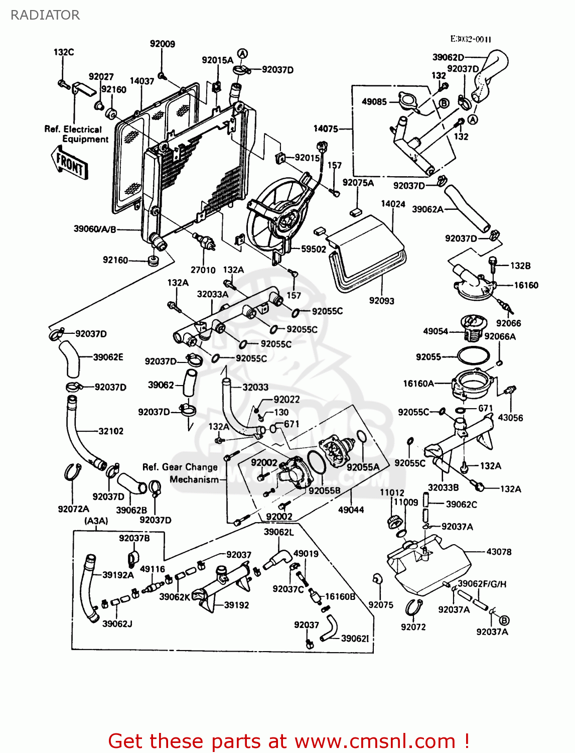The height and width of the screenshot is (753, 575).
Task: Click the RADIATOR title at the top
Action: coord(45,15)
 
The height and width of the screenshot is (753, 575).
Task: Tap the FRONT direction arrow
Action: coord(70,163)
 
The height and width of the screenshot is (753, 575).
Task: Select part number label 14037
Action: coord(141,81)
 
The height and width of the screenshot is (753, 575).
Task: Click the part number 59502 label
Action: coord(314,249)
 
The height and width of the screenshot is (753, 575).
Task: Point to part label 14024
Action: coord(393,204)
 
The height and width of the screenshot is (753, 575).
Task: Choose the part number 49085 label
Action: coord(374,102)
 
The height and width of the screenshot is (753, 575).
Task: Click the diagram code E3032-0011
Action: coord(470,39)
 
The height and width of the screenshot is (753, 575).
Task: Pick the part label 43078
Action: coord(499,552)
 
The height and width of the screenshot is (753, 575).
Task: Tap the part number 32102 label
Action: coord(110,431)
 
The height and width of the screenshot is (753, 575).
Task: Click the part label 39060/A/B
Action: coord(95,229)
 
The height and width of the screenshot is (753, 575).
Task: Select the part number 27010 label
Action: coord(203,270)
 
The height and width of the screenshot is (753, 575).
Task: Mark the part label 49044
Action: coord(351,510)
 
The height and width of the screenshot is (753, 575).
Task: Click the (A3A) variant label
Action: coord(96,521)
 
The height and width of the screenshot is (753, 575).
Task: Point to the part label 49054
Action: coord(436,331)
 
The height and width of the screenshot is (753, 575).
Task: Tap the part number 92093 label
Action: coord(381,301)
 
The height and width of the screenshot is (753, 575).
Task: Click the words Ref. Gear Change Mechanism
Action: coord(181,473)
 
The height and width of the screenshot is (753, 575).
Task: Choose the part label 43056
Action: coord(510,418)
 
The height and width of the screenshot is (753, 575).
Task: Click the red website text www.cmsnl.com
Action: coord(374,741)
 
